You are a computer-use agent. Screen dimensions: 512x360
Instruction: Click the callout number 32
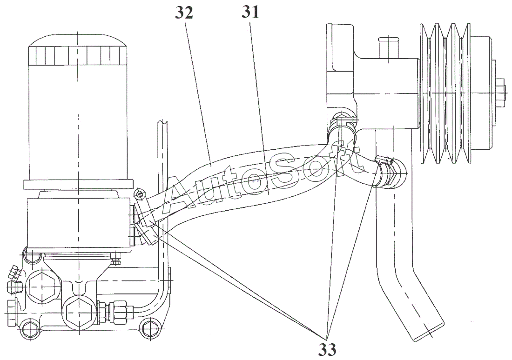point(184,13)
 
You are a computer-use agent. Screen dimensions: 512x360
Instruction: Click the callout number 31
point(250,12)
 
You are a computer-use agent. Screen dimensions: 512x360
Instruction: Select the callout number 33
point(327,350)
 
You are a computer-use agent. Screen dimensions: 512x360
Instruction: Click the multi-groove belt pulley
point(446,93)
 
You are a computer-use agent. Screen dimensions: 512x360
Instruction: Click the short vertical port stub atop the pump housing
point(389,48)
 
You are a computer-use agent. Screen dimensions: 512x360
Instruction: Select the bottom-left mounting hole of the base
point(28,331)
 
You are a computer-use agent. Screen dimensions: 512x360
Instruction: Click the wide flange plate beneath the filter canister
point(78,184)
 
